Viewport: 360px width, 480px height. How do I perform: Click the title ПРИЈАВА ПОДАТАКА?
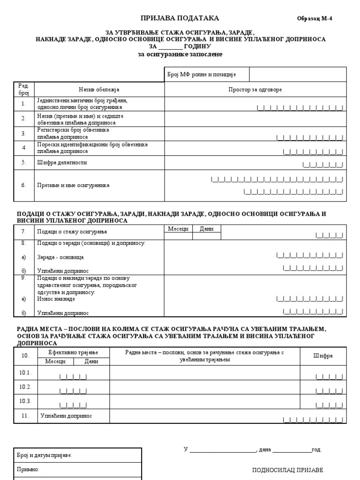tap(180, 18)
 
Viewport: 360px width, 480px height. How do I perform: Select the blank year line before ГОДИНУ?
tap(171, 47)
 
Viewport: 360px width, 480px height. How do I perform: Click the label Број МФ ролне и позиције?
tap(202, 75)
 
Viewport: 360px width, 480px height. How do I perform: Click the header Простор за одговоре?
tap(255, 89)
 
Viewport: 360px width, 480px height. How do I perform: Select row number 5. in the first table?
tap(23, 163)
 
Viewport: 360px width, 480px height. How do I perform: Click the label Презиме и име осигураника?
tap(73, 185)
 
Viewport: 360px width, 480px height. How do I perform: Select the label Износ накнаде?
tap(56, 299)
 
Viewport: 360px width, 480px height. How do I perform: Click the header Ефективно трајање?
tap(73, 352)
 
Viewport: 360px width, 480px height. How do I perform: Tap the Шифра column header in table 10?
tap(323, 356)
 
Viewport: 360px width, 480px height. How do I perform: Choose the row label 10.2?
tap(25, 387)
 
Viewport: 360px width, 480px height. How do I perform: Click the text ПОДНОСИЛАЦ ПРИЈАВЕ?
tap(287, 470)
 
